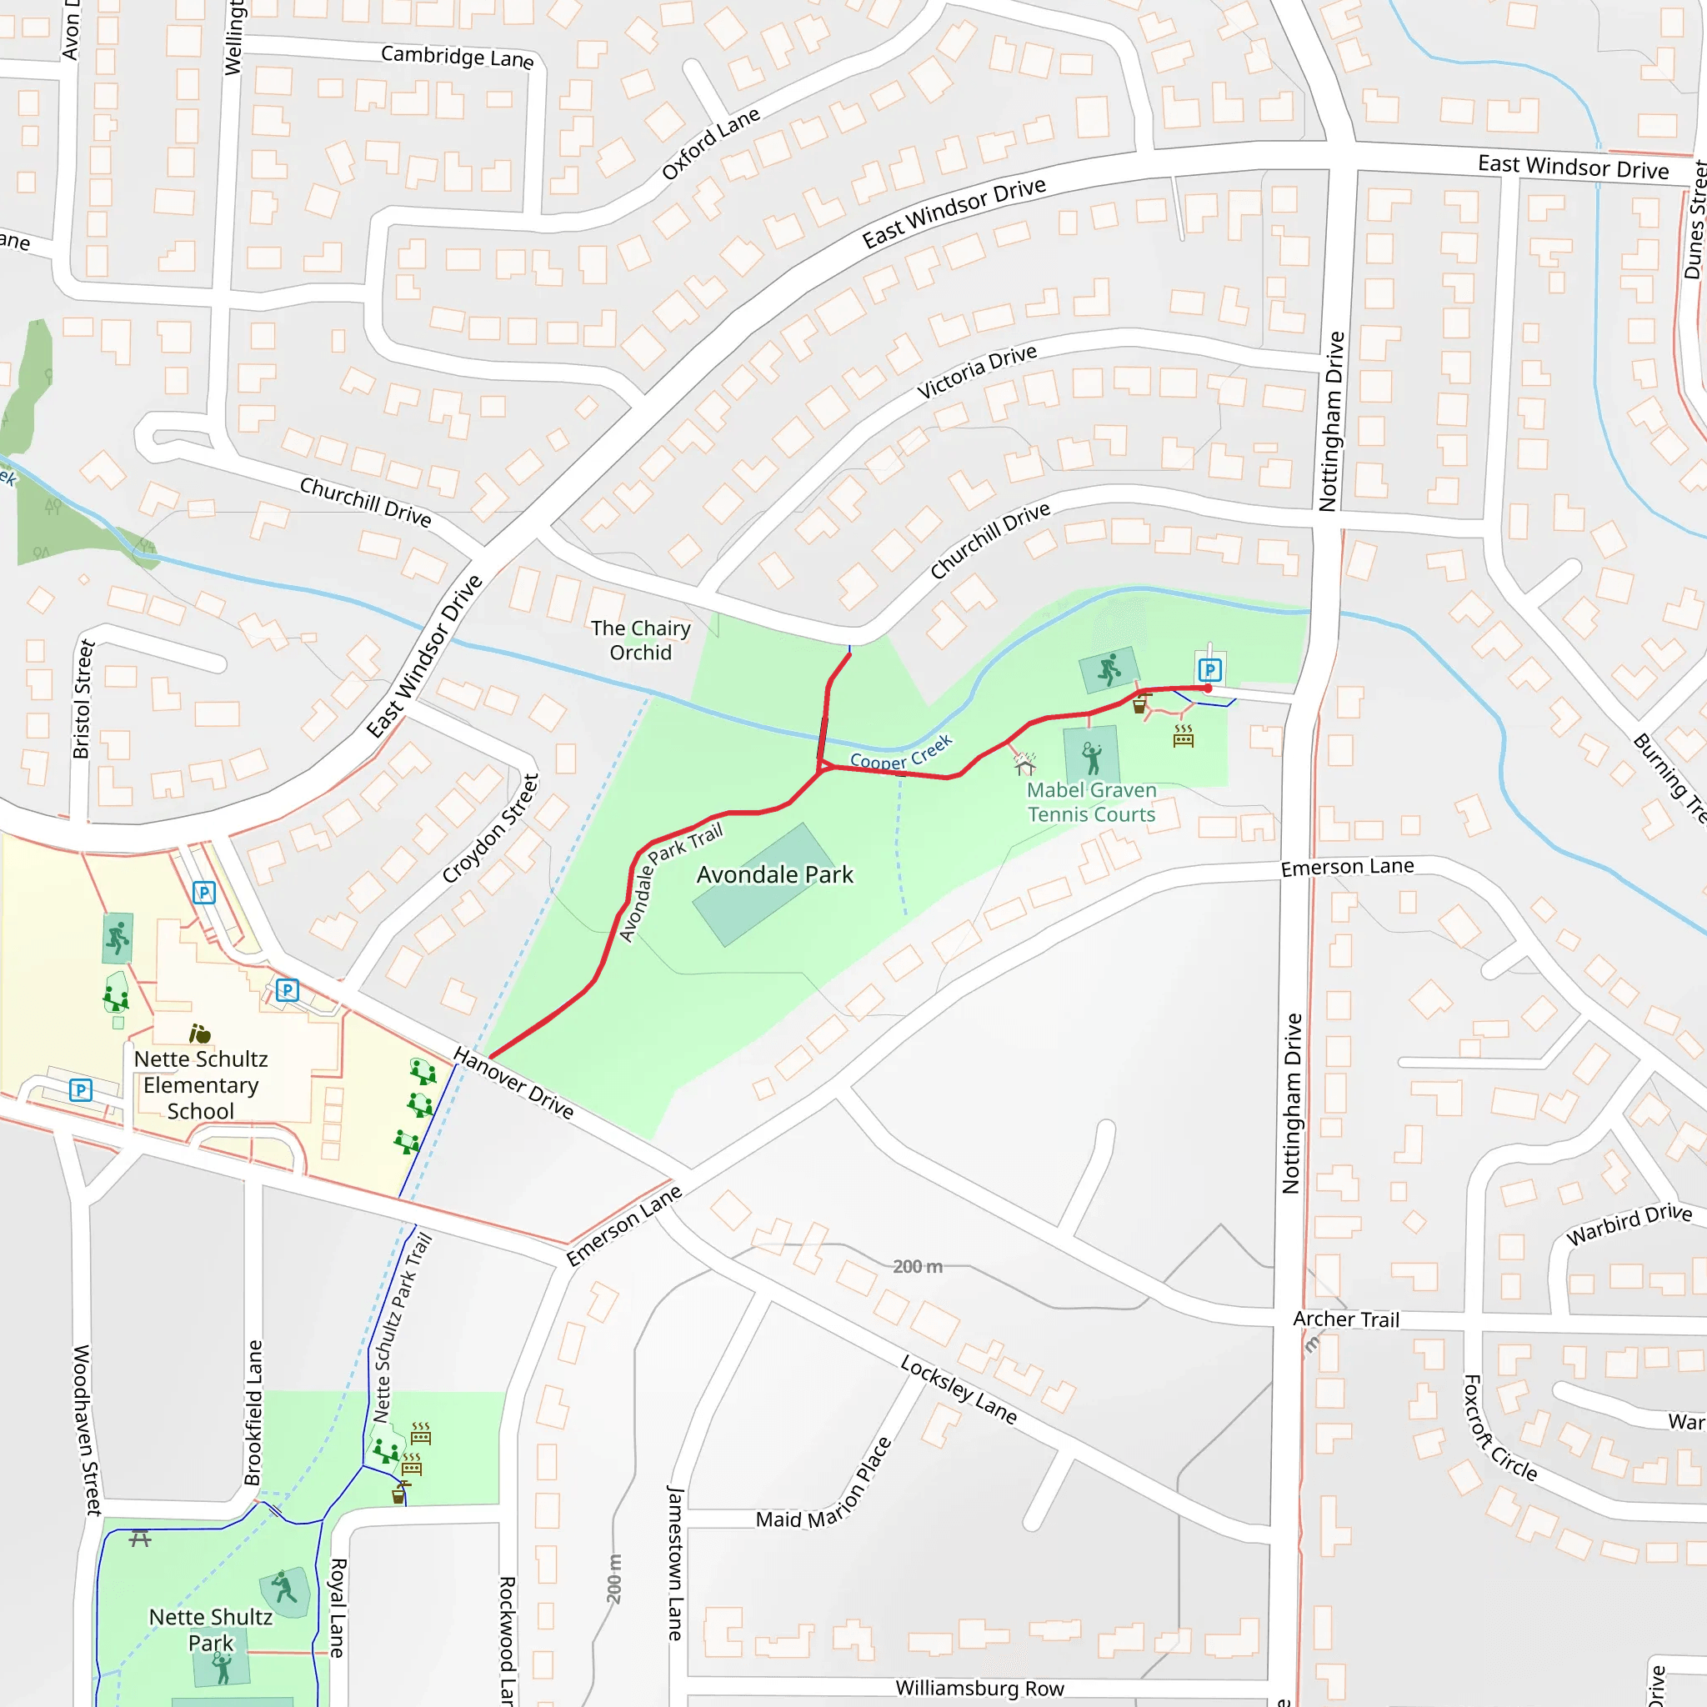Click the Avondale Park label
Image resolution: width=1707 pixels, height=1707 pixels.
pyautogui.click(x=775, y=874)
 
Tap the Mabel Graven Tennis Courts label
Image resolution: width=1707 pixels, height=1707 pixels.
pyautogui.click(x=1091, y=803)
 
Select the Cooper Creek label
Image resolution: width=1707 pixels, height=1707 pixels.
pyautogui.click(x=900, y=753)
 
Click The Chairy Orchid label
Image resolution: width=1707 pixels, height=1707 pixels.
pyautogui.click(x=641, y=641)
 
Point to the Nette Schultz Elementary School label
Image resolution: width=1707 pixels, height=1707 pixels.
pyautogui.click(x=201, y=1085)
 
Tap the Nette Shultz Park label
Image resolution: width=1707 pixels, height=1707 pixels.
pyautogui.click(x=210, y=1629)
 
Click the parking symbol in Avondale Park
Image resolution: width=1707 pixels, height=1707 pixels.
pyautogui.click(x=1209, y=670)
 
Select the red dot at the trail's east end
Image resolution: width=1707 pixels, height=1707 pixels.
pyautogui.click(x=1208, y=688)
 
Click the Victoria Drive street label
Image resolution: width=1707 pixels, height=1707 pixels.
pyautogui.click(x=976, y=371)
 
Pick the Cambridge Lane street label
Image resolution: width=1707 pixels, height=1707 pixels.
pyautogui.click(x=457, y=57)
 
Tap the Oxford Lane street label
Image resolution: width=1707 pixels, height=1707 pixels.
pyautogui.click(x=710, y=143)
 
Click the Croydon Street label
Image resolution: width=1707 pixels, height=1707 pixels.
pyautogui.click(x=490, y=828)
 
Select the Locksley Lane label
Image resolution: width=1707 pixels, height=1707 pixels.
pyautogui.click(x=959, y=1389)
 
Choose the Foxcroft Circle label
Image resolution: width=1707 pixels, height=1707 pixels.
pyautogui.click(x=1499, y=1428)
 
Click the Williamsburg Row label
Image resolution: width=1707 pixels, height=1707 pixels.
pyautogui.click(x=980, y=1689)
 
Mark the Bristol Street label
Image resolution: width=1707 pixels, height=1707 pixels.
pyautogui.click(x=83, y=700)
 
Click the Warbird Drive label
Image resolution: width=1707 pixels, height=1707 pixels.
pyautogui.click(x=1629, y=1224)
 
